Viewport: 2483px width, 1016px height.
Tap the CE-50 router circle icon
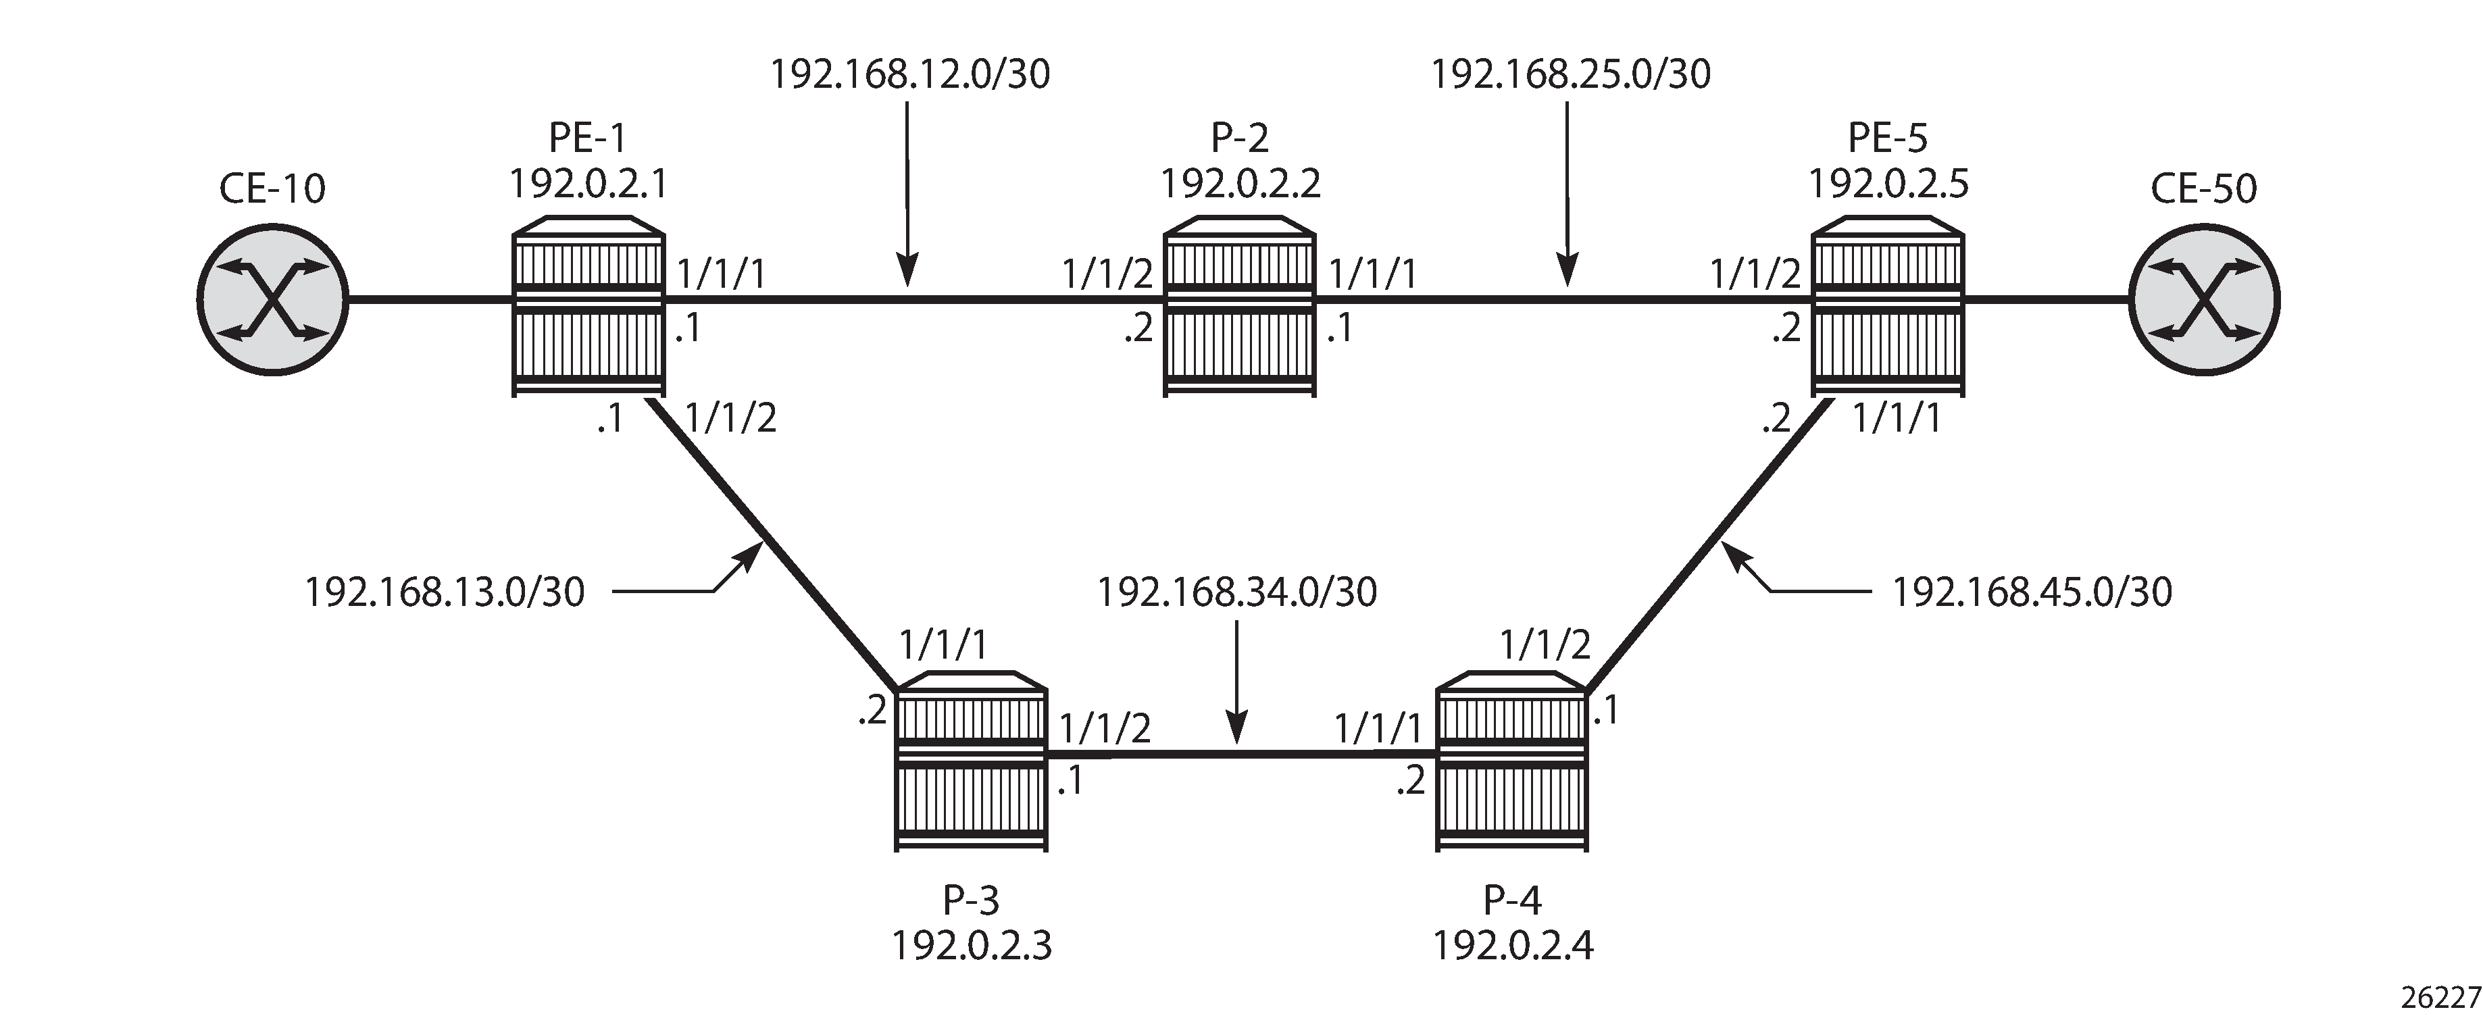point(2205,300)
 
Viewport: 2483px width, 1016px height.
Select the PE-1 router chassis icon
point(588,307)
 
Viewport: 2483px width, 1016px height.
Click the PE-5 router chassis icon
point(1887,307)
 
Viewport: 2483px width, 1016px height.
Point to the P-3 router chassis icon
point(971,761)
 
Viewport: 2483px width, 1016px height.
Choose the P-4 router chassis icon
point(1511,761)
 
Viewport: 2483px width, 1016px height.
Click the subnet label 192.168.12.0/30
point(910,74)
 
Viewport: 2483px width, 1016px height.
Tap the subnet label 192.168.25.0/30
point(1571,74)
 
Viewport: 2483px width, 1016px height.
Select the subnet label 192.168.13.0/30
point(445,592)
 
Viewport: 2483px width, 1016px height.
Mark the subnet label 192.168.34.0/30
point(1238,592)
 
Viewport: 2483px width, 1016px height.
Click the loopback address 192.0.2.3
point(971,946)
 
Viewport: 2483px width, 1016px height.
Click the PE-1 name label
point(588,138)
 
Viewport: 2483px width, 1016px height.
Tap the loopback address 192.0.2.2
point(1240,182)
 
